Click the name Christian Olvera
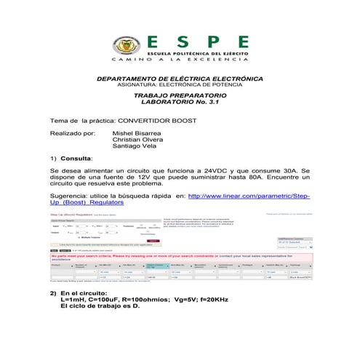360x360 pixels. point(138,140)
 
